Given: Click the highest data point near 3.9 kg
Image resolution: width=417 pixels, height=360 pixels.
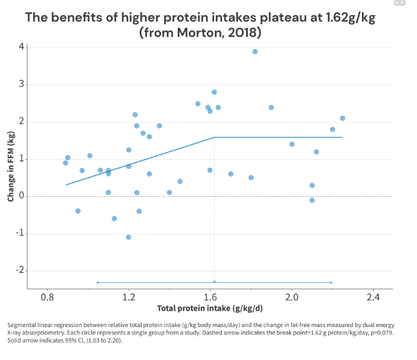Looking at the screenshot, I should coord(255,52).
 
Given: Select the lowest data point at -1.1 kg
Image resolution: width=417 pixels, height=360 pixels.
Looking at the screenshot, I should coord(129,237).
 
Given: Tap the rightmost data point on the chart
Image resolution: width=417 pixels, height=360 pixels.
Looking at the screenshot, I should coord(342,118).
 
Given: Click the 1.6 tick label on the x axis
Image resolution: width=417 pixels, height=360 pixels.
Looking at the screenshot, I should coord(210,297).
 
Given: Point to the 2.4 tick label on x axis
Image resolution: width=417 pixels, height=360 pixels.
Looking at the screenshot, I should coord(373,297).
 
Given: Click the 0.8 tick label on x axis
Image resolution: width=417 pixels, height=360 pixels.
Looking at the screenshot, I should coord(47,297).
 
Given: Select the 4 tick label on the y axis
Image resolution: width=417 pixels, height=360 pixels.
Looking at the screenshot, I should coord(21,46).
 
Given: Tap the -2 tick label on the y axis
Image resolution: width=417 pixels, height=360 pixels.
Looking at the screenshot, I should coord(19,271).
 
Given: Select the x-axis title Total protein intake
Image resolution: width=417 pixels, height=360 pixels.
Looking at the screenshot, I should coord(210,308).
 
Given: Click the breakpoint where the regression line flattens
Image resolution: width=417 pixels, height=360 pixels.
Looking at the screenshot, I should coord(214,137).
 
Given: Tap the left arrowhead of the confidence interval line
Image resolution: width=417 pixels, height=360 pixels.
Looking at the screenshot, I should coord(97,282).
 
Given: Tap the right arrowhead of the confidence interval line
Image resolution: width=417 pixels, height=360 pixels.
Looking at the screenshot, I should coord(331,282).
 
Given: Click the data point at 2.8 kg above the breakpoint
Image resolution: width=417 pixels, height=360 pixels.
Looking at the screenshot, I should coord(214,92).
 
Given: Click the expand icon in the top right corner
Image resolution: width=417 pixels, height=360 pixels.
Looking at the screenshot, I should coord(399,2).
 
